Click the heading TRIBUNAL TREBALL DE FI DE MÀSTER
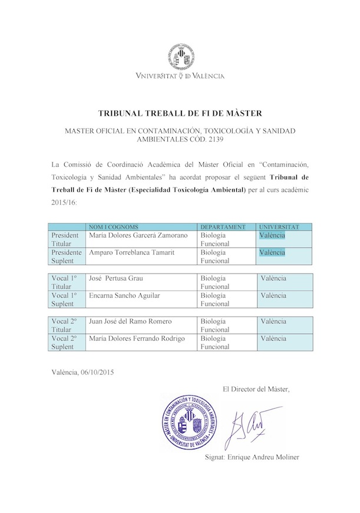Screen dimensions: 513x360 (180, 113)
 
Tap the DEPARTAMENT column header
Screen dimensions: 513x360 (223, 227)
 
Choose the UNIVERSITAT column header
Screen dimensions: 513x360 (279, 227)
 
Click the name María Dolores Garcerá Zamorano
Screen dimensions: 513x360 (138, 235)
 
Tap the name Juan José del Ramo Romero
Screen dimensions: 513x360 (130, 321)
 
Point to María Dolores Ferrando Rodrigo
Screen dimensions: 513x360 (137, 338)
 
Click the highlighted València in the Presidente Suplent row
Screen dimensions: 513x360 (272, 252)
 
